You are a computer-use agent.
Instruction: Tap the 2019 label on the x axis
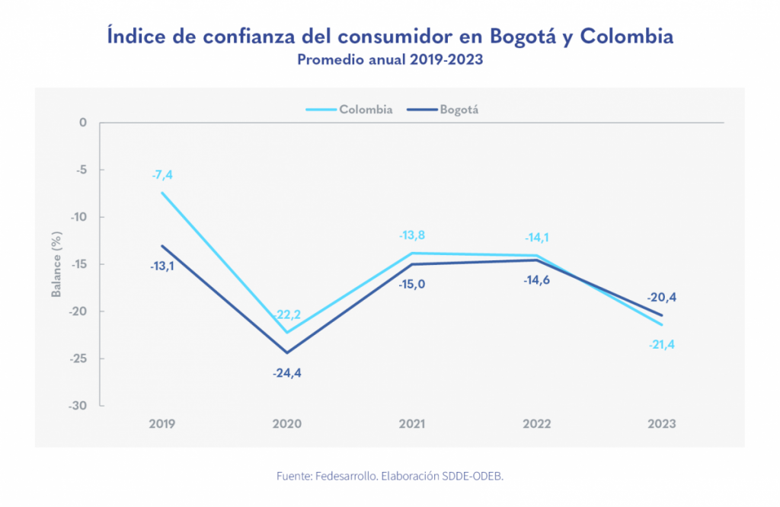tap(161, 424)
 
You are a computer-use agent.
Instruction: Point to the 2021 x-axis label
tap(412, 424)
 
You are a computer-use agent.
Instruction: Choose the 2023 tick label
tap(662, 424)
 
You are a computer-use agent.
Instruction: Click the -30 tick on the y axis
tap(78, 406)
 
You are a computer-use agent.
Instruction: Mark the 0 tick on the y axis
tap(83, 123)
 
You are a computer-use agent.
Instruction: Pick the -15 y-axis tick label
tap(78, 264)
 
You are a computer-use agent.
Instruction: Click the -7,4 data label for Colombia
tap(161, 175)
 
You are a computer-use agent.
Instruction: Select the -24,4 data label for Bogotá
tap(287, 373)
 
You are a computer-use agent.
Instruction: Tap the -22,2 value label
tap(287, 315)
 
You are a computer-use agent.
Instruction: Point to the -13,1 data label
tap(161, 266)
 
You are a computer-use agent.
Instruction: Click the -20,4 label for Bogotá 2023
tap(662, 297)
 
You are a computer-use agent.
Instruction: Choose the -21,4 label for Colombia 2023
tap(662, 345)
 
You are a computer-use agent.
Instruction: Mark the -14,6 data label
tap(537, 280)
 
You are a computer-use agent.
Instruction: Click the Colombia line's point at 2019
tap(161, 193)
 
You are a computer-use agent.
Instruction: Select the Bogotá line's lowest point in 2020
tap(287, 352)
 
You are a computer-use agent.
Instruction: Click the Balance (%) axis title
tap(56, 264)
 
